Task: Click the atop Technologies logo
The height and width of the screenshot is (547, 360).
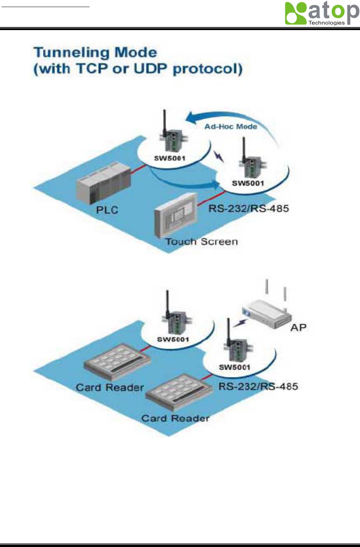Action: pyautogui.click(x=322, y=14)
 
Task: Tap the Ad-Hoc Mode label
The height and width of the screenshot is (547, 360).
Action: pyautogui.click(x=230, y=126)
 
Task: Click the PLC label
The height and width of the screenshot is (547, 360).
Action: pyautogui.click(x=107, y=210)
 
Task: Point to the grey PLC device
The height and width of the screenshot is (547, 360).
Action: pyautogui.click(x=103, y=183)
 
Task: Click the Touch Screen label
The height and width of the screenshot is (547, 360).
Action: pyautogui.click(x=202, y=242)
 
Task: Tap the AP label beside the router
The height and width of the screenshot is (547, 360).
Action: pyautogui.click(x=298, y=327)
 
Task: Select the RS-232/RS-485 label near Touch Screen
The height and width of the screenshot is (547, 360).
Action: pyautogui.click(x=248, y=208)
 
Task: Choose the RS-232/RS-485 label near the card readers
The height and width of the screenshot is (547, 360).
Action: pyautogui.click(x=258, y=387)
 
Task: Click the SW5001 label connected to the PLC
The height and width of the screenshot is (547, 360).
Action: pyautogui.click(x=170, y=158)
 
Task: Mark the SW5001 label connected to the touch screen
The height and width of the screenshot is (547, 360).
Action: pyautogui.click(x=248, y=183)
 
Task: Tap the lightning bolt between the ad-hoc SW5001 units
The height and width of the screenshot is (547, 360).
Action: pyautogui.click(x=219, y=156)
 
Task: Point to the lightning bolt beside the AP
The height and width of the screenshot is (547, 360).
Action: pyautogui.click(x=240, y=323)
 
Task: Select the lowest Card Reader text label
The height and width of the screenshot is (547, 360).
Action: pyautogui.click(x=175, y=418)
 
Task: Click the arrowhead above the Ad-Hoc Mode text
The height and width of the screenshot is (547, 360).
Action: pyautogui.click(x=191, y=118)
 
